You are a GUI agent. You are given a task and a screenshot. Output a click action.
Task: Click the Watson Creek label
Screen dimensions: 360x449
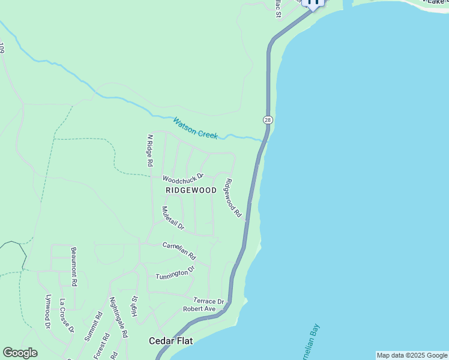(x=195, y=128)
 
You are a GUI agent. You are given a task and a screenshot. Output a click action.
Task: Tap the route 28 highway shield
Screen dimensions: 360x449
(x=268, y=120)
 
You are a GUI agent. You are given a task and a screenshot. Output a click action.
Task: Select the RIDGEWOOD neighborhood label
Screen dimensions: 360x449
(x=190, y=190)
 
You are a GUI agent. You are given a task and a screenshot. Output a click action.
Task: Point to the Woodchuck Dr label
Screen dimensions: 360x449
(x=183, y=178)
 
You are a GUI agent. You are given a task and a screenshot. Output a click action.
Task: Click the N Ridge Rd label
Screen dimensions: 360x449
(x=149, y=151)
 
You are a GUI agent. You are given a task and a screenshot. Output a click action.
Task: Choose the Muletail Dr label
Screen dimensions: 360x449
(x=173, y=220)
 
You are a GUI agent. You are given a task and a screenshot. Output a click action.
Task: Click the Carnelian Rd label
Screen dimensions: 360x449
(x=179, y=250)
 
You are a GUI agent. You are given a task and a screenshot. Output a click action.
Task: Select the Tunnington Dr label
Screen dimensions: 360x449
(x=175, y=273)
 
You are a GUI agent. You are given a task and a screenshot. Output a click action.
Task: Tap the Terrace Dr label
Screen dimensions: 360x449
(x=208, y=301)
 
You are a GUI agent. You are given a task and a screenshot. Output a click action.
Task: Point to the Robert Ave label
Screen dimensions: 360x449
(x=199, y=309)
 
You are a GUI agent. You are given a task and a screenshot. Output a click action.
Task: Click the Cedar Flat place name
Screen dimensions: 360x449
(x=170, y=341)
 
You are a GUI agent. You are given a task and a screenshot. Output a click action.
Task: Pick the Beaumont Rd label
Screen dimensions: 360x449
(x=74, y=266)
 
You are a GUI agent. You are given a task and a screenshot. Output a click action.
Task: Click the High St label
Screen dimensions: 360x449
(x=135, y=307)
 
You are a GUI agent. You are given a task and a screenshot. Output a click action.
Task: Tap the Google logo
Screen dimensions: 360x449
(x=20, y=353)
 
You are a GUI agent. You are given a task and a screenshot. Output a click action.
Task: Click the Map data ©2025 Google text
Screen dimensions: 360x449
(x=412, y=355)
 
